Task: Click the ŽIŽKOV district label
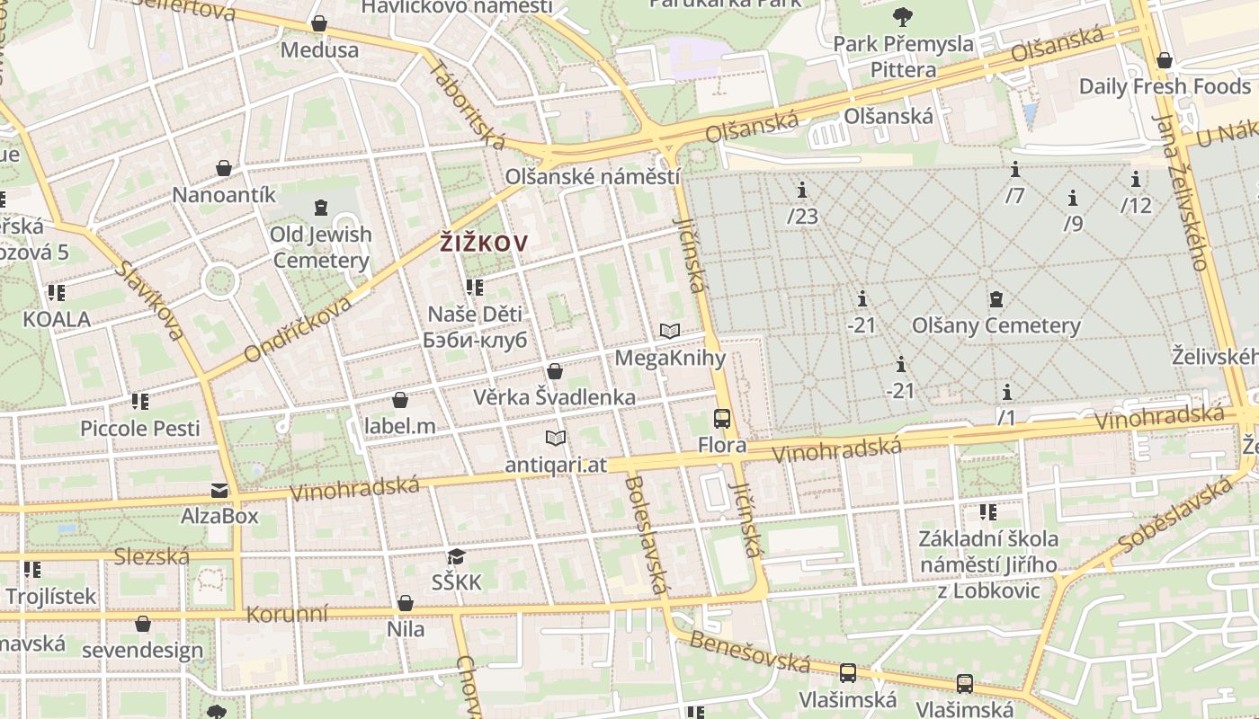(483, 242)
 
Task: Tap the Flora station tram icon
(722, 418)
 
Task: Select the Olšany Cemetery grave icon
(996, 299)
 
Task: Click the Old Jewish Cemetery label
(321, 248)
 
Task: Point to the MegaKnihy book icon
(669, 331)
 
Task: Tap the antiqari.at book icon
(556, 438)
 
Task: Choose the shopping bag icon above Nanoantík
(224, 168)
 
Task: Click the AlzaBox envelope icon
(219, 490)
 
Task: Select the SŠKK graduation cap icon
(456, 556)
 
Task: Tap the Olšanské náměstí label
(592, 176)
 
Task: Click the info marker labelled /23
(802, 190)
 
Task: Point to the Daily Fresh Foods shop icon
(1165, 60)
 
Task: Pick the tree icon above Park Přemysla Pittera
(902, 16)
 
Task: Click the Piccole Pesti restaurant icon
(139, 401)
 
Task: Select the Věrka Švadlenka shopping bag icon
(555, 371)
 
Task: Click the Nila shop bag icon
(406, 603)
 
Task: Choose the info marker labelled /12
(1136, 179)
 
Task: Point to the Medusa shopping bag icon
(319, 23)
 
